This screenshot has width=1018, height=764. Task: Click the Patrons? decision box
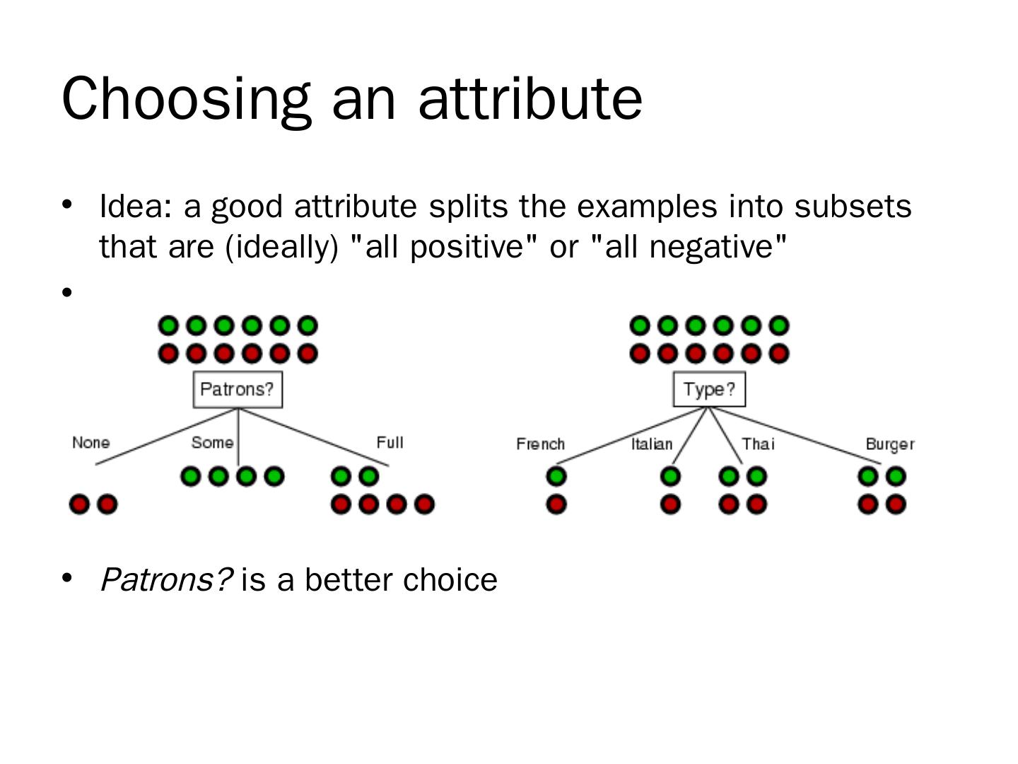coord(238,389)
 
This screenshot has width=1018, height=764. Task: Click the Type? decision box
coord(709,389)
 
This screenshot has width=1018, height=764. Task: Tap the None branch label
coord(91,443)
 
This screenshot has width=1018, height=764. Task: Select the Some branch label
coord(212,443)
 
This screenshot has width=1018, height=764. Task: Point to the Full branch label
coord(390,443)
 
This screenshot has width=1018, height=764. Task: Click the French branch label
coord(540,444)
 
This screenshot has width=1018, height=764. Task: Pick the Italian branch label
coord(652,444)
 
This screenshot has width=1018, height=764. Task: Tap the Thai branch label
coord(758,444)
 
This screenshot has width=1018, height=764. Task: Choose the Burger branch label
coord(889,444)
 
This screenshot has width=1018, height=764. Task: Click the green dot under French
coord(556,477)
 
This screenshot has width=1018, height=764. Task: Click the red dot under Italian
coord(670,504)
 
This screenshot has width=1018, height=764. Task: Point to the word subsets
coord(853,207)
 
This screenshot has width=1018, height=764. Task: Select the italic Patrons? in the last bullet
coord(166,580)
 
